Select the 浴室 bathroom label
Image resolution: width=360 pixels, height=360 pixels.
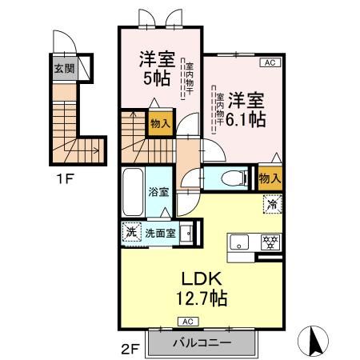tap(158, 192)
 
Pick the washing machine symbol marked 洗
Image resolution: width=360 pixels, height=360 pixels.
tap(131, 233)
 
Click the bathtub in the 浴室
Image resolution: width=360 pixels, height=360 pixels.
tap(133, 192)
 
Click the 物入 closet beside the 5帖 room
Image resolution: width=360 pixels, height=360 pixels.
tap(159, 123)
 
